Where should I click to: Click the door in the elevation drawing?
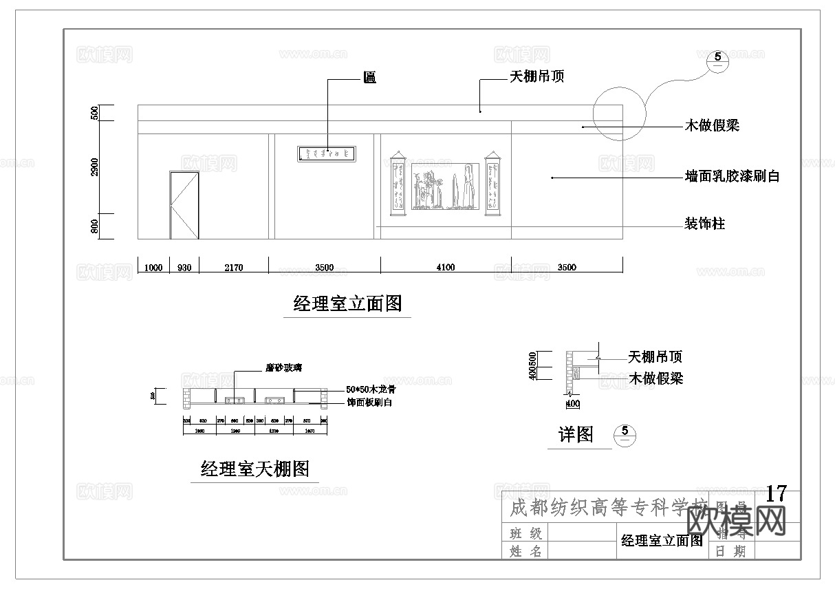tap(184, 205)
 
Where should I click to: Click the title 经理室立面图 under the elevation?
tap(347, 303)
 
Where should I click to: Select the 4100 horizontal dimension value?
tap(446, 268)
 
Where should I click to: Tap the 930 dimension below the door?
tap(184, 268)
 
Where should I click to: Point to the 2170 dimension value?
tap(233, 268)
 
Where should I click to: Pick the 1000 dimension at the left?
tap(153, 268)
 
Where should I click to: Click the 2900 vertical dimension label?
tap(95, 167)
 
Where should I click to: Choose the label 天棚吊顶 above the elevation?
tap(536, 76)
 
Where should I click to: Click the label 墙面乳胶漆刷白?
tap(733, 176)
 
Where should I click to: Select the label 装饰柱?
tap(704, 224)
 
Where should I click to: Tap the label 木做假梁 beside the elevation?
tap(712, 126)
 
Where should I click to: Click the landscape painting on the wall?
tap(445, 186)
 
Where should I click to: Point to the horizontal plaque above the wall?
tap(327, 153)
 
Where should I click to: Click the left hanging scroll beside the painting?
tap(398, 184)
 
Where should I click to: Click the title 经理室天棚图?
tap(255, 469)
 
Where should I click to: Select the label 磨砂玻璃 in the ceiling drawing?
tap(284, 368)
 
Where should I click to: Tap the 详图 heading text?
tap(576, 434)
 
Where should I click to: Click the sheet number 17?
tap(776, 493)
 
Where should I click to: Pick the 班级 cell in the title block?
tap(526, 533)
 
